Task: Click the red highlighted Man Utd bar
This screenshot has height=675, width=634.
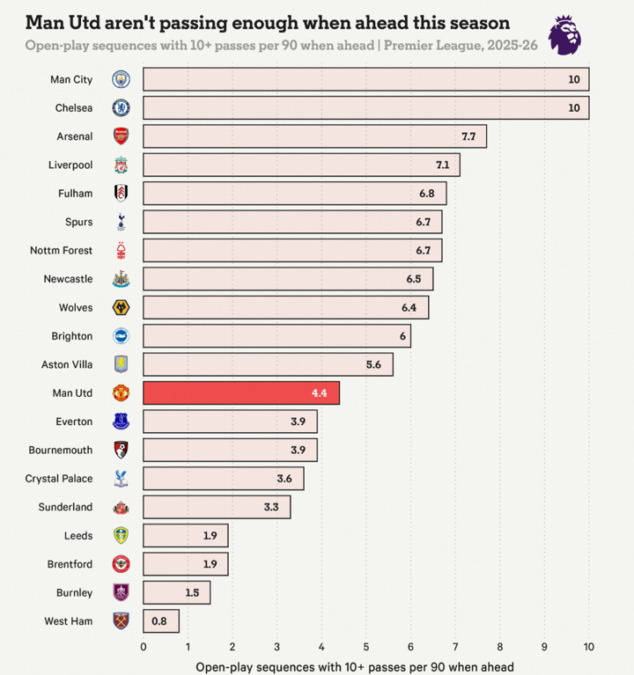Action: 241,393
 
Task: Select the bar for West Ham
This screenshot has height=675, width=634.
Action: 161,621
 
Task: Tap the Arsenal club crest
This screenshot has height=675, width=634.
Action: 121,136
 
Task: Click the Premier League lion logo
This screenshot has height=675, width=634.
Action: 564,34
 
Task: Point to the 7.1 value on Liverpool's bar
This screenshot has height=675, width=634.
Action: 442,165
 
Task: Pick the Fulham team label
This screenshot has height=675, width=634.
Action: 74,194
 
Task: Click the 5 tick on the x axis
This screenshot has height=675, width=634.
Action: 366,647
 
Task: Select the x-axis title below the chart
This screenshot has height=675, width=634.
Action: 354,667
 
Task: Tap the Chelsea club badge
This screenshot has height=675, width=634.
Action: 121,108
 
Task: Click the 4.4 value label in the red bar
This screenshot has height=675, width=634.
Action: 319,393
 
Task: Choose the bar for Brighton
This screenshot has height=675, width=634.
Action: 276,336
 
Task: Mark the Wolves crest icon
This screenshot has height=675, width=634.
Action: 121,308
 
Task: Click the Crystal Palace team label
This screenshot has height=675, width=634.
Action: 59,479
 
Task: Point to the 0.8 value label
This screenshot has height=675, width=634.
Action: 159,621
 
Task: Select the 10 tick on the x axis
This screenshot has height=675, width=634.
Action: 588,647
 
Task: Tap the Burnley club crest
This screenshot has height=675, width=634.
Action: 121,592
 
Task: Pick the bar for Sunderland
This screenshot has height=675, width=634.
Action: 217,507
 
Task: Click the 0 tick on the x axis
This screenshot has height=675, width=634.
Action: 144,647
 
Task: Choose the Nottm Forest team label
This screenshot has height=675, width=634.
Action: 61,251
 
